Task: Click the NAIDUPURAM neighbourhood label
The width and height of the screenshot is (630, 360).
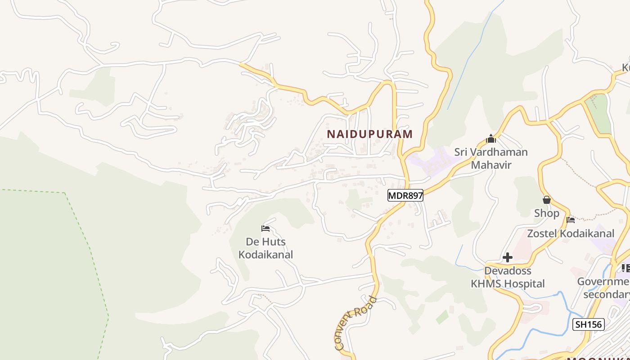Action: (x=369, y=134)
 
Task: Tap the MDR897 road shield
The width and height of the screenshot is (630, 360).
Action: (x=405, y=195)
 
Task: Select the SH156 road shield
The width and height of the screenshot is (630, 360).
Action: (x=588, y=324)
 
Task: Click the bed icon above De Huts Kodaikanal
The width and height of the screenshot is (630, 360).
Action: (x=265, y=229)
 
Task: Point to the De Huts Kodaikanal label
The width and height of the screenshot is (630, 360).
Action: (x=265, y=248)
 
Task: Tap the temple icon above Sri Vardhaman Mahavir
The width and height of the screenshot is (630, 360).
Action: (x=491, y=139)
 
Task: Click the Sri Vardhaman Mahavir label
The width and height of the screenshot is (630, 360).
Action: (x=491, y=158)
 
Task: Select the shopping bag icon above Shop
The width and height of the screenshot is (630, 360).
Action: (x=547, y=199)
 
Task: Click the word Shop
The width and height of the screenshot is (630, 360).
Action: (x=547, y=213)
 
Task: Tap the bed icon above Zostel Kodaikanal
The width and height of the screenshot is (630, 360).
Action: (x=571, y=220)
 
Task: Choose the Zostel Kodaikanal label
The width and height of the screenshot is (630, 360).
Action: (x=571, y=234)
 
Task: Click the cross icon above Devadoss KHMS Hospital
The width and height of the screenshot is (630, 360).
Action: (x=508, y=257)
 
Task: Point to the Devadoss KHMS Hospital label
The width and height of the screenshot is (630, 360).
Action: (x=508, y=277)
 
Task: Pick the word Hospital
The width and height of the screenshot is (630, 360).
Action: (x=524, y=284)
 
